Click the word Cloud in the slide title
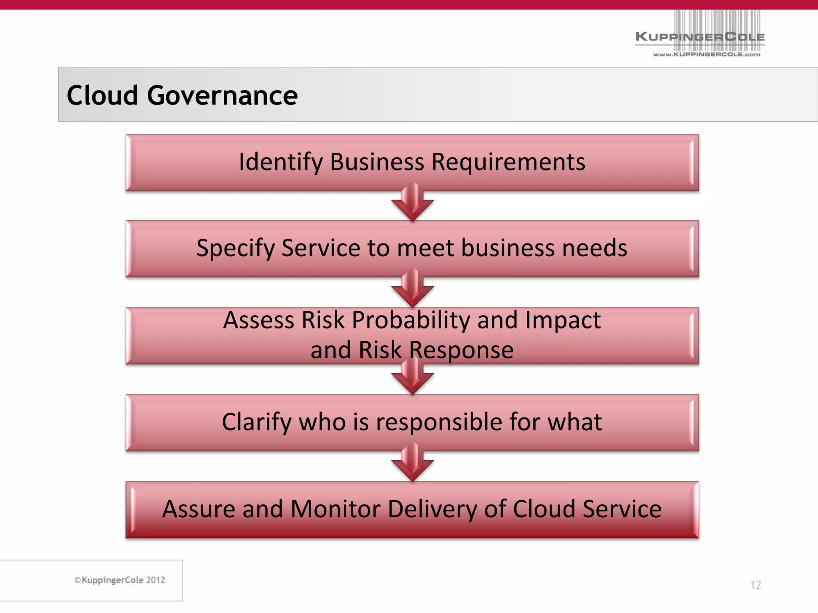[x=102, y=95]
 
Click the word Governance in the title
[x=222, y=95]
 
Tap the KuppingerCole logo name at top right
[x=700, y=37]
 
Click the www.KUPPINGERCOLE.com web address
[x=707, y=54]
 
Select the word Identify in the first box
[x=280, y=162]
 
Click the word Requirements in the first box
[x=508, y=162]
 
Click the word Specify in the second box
[x=236, y=249]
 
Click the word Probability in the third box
[x=411, y=320]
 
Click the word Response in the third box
[x=461, y=350]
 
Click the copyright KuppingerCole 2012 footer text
[x=120, y=580]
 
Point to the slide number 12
[x=755, y=585]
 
